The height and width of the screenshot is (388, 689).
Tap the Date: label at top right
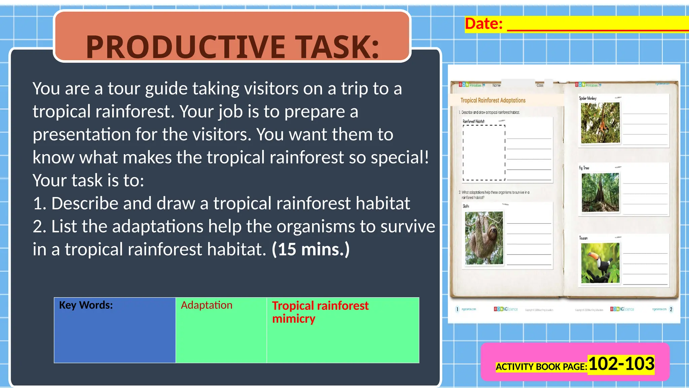click(483, 24)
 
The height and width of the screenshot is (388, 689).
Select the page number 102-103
click(621, 364)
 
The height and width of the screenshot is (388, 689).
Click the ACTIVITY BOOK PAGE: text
click(541, 367)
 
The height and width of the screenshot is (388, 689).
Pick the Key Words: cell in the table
click(86, 305)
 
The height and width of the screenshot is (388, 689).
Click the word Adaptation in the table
click(207, 305)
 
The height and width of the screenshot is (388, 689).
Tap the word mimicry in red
click(293, 319)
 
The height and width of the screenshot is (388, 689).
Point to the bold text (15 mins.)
click(311, 249)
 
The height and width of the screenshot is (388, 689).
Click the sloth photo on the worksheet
click(484, 238)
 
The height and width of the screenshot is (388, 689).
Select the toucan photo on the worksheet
click(600, 263)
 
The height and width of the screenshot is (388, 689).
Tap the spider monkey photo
click(600, 123)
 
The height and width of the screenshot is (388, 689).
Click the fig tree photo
click(600, 192)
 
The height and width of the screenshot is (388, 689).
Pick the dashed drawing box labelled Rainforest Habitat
click(484, 153)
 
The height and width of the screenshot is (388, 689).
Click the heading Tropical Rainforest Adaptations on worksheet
click(493, 100)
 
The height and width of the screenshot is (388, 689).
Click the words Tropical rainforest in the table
click(320, 306)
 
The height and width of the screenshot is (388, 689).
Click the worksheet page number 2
click(671, 309)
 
